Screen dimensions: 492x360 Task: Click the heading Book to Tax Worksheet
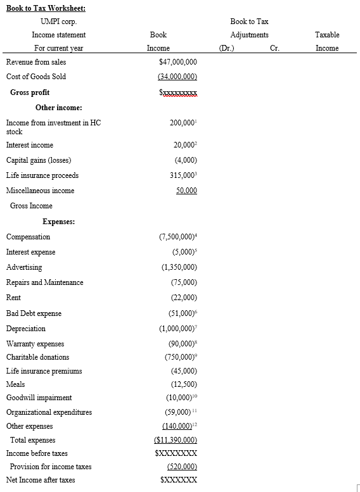pyautogui.click(x=46, y=8)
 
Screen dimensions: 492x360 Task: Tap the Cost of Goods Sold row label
pyautogui.click(x=36, y=77)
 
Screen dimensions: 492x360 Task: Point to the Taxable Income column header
pyautogui.click(x=327, y=41)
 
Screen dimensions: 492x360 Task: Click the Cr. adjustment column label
pyautogui.click(x=274, y=48)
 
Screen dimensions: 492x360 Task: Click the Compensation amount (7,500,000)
pyautogui.click(x=177, y=237)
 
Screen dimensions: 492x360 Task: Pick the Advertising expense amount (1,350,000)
pyautogui.click(x=179, y=267)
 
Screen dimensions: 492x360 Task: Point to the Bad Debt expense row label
pyautogui.click(x=34, y=313)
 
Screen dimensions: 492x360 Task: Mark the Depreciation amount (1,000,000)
pyautogui.click(x=178, y=329)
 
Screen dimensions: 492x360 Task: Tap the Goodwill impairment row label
pyautogui.click(x=39, y=398)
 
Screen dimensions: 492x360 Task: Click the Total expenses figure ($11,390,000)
pyautogui.click(x=176, y=439)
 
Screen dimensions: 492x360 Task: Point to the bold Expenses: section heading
pyautogui.click(x=59, y=222)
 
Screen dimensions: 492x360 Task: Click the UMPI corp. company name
pyautogui.click(x=59, y=22)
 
